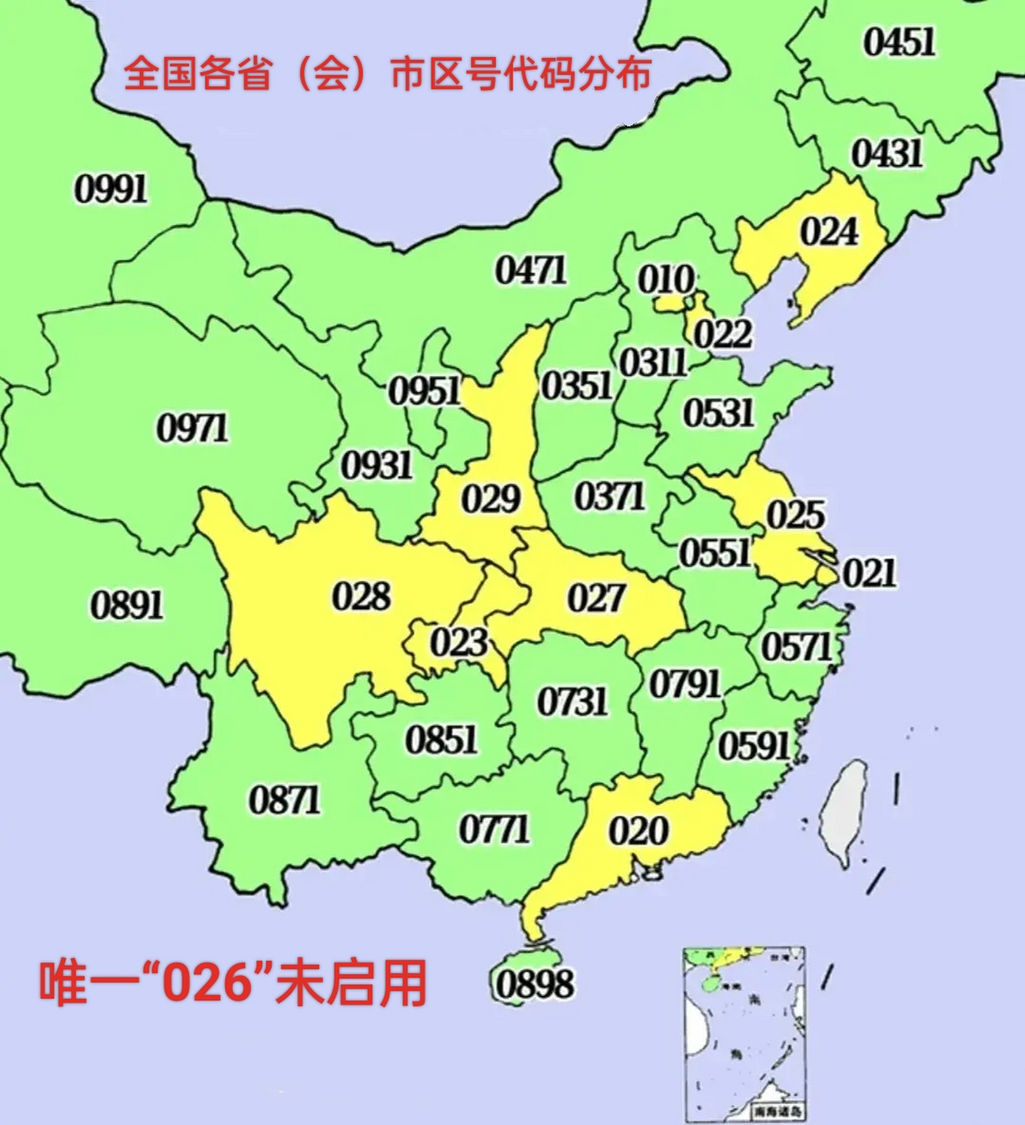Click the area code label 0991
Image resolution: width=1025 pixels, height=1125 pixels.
pos(111,188)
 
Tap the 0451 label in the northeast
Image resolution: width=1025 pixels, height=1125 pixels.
pos(898,42)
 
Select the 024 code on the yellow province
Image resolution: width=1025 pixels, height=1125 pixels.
pos(828,232)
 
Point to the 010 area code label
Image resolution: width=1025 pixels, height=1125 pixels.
pos(665,280)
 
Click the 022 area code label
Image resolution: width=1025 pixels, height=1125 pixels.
pos(723,334)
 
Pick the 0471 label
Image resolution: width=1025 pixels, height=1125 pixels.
pos(531,270)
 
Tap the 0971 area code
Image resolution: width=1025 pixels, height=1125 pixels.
pos(193,428)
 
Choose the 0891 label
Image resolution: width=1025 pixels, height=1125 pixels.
pos(127,605)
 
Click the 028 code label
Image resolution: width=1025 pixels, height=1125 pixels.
pos(360,597)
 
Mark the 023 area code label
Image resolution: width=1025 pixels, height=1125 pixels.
pos(458,642)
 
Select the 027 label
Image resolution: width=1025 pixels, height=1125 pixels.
pos(596,599)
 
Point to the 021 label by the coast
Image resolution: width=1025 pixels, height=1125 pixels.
pos(869,573)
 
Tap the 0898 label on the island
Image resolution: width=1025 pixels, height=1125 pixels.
pos(534,983)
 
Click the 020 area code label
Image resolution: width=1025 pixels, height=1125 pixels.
pos(638,831)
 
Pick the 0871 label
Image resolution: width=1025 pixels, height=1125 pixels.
pos(284,800)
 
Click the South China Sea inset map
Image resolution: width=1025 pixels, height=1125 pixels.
pos(744,1033)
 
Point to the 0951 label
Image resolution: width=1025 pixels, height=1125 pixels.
pos(424,390)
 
